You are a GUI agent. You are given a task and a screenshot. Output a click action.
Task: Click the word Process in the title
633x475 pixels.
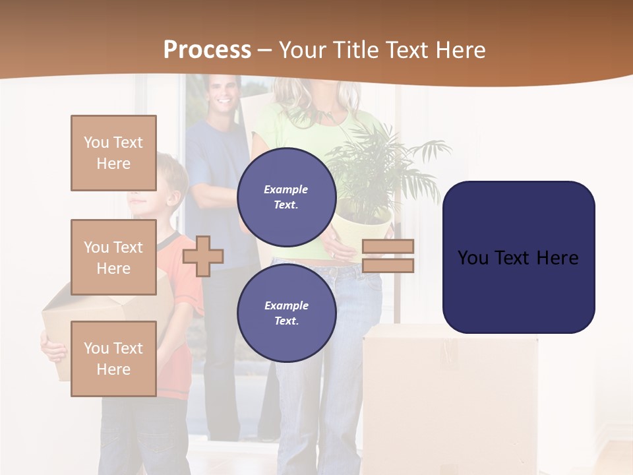[x=207, y=49]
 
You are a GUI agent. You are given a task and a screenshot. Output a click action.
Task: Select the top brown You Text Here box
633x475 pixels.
[x=113, y=153]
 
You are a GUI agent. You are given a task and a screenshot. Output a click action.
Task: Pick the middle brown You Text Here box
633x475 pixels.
[x=113, y=257]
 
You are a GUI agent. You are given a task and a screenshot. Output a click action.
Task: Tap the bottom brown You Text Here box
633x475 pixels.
[x=113, y=358]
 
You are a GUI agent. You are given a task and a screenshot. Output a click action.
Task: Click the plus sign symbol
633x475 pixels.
[x=203, y=256]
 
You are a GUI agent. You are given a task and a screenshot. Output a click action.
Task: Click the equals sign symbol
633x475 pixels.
[x=388, y=256]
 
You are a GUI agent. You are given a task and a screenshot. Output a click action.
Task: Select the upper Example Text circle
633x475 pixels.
[x=286, y=197]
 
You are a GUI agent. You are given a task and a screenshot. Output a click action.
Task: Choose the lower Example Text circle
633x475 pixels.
[x=286, y=313]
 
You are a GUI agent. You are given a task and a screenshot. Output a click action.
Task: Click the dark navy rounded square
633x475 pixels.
[x=518, y=257]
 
